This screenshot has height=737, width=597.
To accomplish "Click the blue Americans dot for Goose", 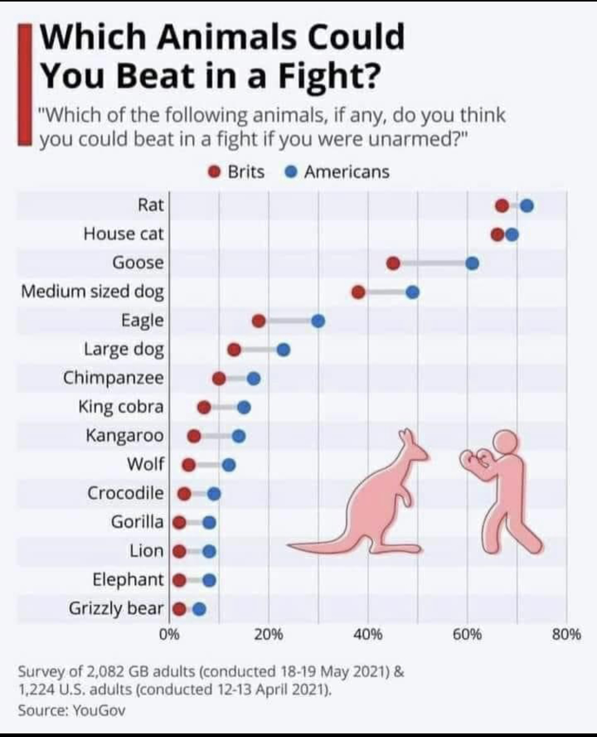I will [472, 263].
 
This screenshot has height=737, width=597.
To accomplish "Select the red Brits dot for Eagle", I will [259, 321].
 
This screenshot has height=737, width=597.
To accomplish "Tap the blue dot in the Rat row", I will [527, 206].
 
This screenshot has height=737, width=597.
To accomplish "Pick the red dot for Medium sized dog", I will [358, 292].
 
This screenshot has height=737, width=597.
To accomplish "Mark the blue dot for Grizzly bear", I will [199, 609].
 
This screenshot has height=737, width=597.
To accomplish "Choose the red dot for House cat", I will [497, 235].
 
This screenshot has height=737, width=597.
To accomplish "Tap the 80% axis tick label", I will [567, 636].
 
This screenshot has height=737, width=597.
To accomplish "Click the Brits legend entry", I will [237, 172].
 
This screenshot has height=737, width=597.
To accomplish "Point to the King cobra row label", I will [121, 406].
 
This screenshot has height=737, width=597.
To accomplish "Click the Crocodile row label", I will [126, 493].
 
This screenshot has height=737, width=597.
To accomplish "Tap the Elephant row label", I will [128, 580].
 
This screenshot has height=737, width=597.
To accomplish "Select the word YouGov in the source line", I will [99, 710].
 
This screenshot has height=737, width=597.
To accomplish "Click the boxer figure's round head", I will [506, 442].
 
